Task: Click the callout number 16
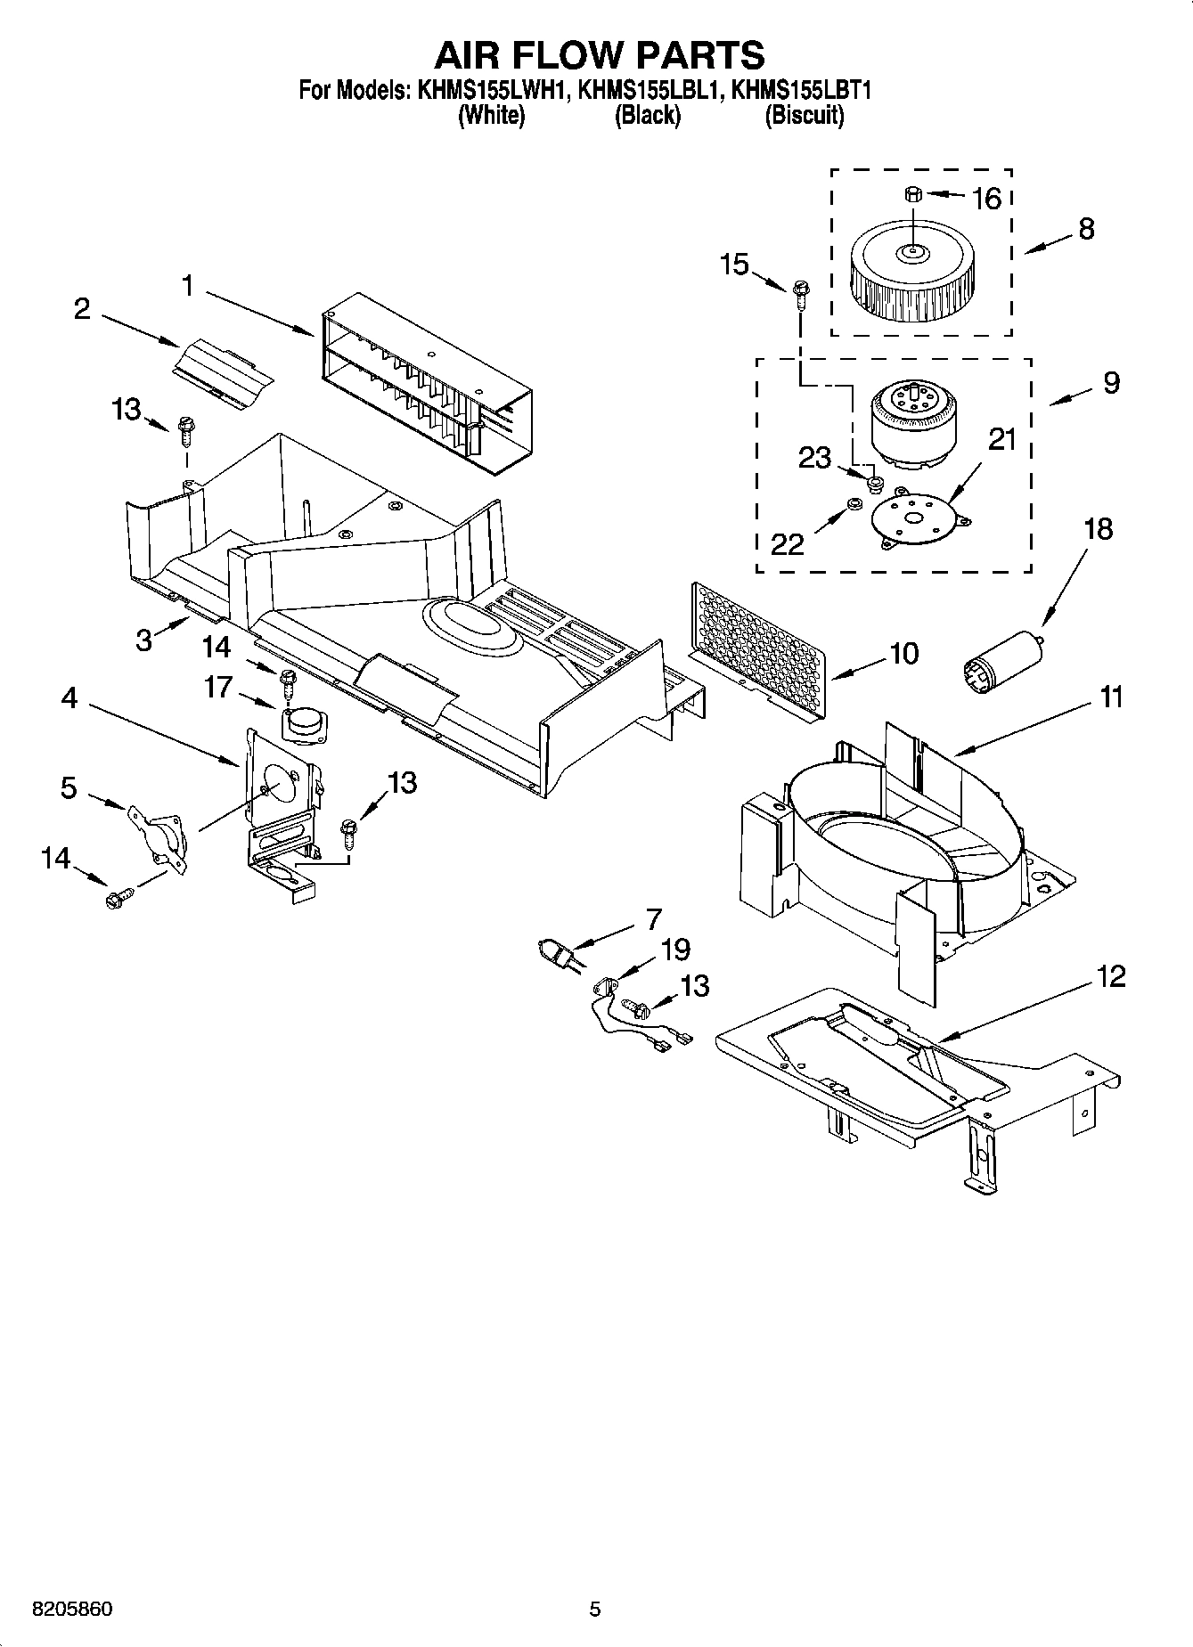[986, 198]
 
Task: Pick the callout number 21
[1001, 439]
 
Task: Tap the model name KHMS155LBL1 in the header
[648, 90]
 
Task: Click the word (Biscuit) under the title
[804, 115]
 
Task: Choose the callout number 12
[1111, 976]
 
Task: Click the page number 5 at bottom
[595, 1610]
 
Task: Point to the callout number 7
[654, 917]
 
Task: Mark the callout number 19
[674, 950]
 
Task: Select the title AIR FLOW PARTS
[599, 54]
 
